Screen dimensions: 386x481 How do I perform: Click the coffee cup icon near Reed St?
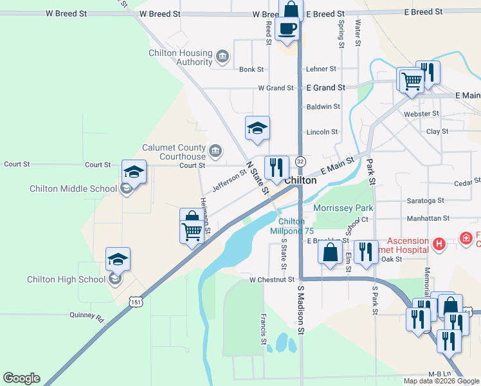287,29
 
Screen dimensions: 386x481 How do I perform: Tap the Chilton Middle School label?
73,188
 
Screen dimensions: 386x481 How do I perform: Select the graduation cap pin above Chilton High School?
118,259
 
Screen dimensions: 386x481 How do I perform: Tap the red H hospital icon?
439,243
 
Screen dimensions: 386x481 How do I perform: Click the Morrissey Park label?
343,208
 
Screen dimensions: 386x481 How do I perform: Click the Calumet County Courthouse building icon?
215,152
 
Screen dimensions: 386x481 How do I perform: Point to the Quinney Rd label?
87,317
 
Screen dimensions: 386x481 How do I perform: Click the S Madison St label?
300,311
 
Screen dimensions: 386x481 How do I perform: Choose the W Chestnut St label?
272,280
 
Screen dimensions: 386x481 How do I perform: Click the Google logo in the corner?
21,378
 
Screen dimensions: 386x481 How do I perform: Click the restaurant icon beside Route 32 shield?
277,167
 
